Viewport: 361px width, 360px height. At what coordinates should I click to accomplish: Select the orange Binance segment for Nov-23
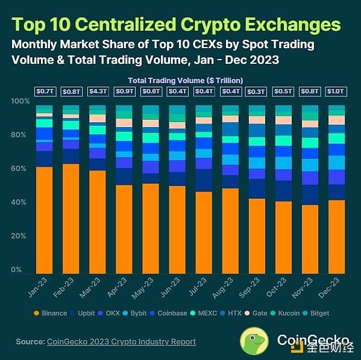point(310,238)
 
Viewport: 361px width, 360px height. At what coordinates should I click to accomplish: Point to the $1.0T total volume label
point(337,91)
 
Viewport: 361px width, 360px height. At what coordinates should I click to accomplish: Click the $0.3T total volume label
point(257,91)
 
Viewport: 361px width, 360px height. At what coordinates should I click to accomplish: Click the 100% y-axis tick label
point(20,101)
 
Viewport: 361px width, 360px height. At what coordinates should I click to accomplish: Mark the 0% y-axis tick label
point(23,271)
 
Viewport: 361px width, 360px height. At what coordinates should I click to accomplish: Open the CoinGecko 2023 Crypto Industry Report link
point(121,341)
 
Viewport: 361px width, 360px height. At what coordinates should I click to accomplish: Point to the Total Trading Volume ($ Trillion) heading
point(184,80)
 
